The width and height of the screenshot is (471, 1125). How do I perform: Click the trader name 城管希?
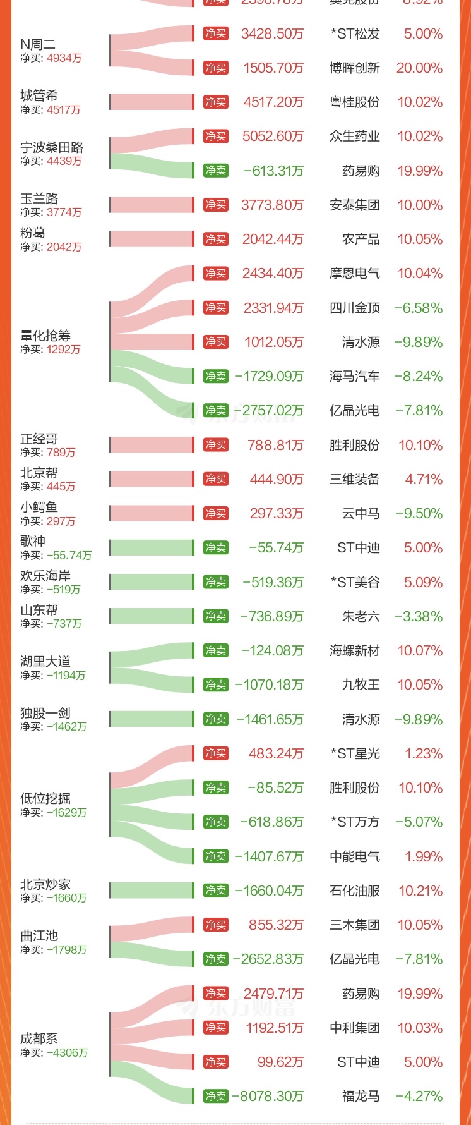[39, 96]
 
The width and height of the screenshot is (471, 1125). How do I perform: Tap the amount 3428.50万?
[272, 34]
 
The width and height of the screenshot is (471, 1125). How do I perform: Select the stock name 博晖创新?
[354, 68]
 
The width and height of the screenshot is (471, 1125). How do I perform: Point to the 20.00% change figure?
[419, 68]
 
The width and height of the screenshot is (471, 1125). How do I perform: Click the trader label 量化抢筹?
[45, 336]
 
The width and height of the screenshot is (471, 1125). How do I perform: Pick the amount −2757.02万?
[268, 411]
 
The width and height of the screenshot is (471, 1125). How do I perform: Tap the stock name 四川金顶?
[354, 308]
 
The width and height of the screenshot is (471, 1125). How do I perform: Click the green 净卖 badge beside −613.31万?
[216, 171]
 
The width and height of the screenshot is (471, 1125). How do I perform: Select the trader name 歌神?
[33, 541]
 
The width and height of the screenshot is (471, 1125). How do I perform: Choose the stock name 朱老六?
[361, 616]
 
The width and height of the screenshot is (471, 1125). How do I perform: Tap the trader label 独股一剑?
[45, 713]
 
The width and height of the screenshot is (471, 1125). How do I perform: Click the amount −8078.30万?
[268, 1096]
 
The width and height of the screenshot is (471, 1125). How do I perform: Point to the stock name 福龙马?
[361, 1096]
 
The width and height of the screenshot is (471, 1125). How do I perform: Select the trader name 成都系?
[39, 1038]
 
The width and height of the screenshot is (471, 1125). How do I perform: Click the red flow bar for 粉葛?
[152, 240]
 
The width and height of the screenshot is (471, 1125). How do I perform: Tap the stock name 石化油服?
[354, 891]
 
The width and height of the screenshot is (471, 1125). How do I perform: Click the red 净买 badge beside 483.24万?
[216, 753]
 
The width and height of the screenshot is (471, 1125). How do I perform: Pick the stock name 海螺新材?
[354, 650]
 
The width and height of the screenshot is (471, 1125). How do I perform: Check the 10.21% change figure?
[420, 891]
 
